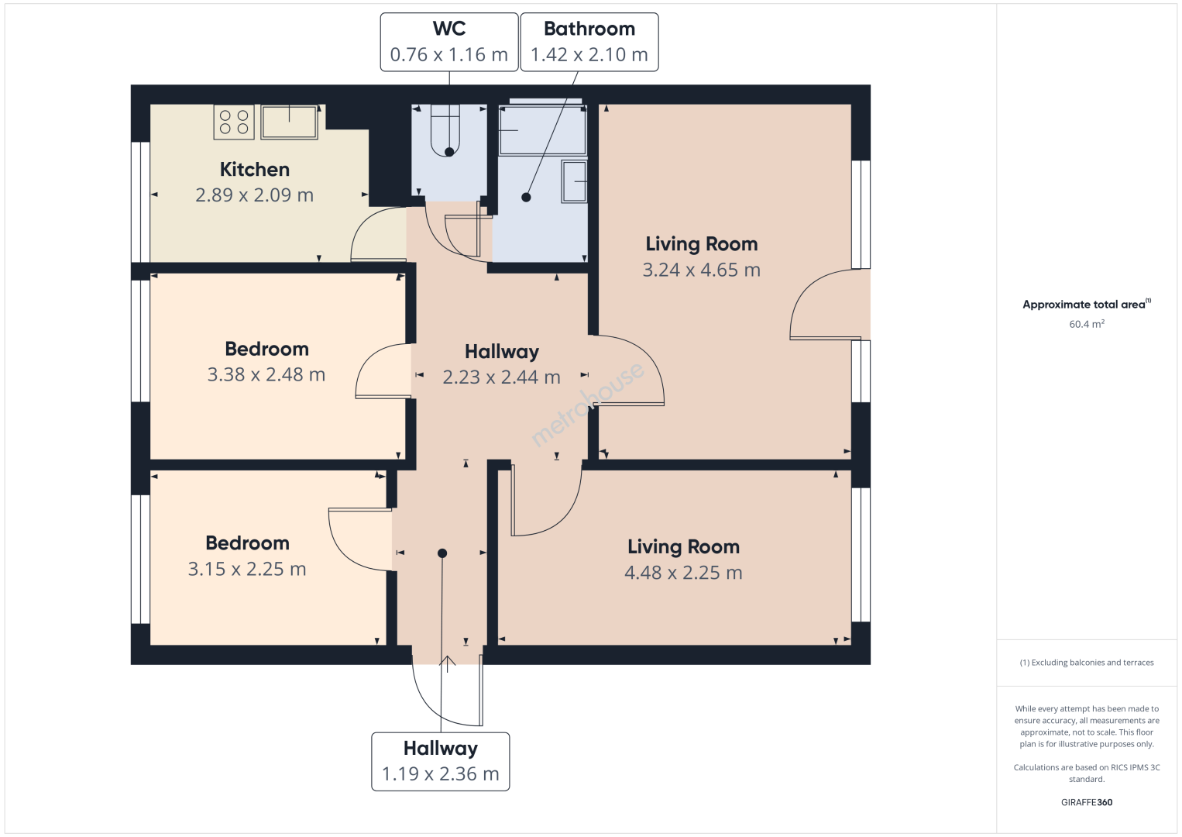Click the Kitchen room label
point(254,170)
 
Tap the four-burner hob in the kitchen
point(234,122)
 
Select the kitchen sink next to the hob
point(289,122)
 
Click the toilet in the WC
point(445,131)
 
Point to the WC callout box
point(449,43)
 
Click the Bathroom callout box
point(589,43)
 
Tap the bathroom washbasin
point(574,181)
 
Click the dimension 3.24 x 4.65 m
point(701,270)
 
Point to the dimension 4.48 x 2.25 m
point(683,573)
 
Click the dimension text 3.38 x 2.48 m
point(266,374)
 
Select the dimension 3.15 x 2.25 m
point(247,569)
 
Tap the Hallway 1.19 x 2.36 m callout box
point(441,762)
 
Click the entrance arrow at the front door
point(448,664)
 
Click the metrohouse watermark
point(587,404)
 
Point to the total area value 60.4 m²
point(1087,324)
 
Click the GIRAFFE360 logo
point(1087,802)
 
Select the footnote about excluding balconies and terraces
point(1087,662)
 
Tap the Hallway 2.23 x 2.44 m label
point(501,364)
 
